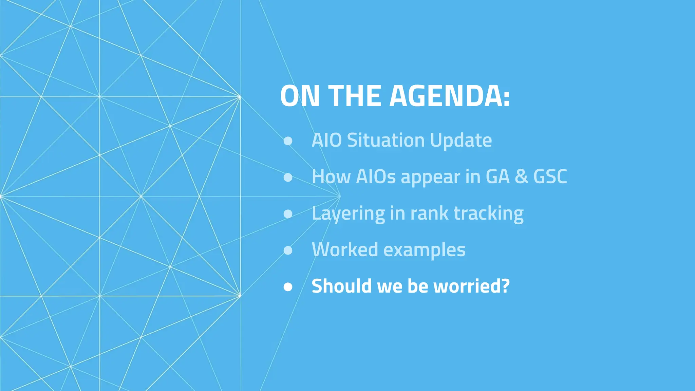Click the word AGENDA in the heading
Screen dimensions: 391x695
(x=449, y=96)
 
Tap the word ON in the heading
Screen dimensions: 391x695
(x=300, y=96)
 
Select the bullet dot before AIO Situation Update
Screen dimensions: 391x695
(x=288, y=141)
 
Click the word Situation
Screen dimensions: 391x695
(x=386, y=140)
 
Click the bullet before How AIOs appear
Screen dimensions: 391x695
(x=288, y=177)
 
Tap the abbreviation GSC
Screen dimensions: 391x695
(x=550, y=177)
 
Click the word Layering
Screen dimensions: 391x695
(x=348, y=214)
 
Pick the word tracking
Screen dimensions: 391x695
(x=489, y=214)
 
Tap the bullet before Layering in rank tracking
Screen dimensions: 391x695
(x=288, y=214)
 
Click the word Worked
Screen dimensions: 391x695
(x=345, y=250)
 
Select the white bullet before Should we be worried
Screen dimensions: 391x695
(x=288, y=287)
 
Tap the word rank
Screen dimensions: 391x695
(x=430, y=213)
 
